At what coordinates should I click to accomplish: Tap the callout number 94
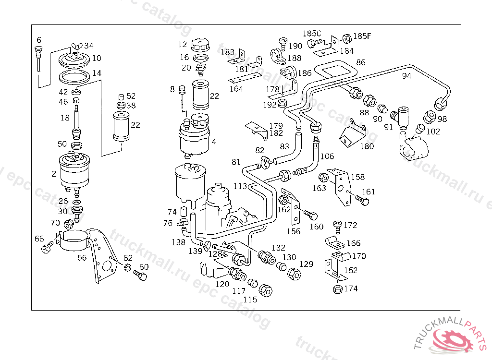coord(406,76)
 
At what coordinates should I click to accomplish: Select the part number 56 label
coord(82,257)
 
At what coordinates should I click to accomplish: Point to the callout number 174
coord(351,289)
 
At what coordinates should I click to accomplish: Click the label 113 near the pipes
coord(240,186)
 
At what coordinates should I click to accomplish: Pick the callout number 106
coord(327,156)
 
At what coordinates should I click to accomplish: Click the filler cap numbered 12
coord(198,46)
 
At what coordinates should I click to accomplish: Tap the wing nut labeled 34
coord(74,46)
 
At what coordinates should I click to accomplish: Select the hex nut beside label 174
coord(337,289)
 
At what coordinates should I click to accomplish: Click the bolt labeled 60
coord(140,276)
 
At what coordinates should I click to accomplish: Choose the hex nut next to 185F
coord(347,37)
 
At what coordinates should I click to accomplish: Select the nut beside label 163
coord(324,178)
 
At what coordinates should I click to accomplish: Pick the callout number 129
coord(307,264)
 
